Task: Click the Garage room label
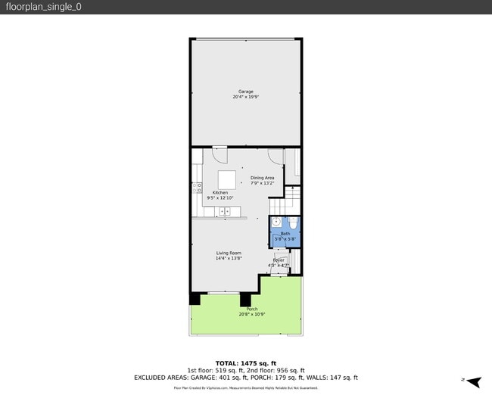tap(246, 92)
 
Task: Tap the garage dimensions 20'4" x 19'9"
tap(246, 98)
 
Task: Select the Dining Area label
tap(263, 178)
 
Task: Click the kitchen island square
tap(227, 179)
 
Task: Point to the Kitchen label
tap(220, 192)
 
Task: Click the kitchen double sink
tap(225, 210)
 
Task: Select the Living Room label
tap(228, 253)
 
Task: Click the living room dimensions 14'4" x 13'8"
tap(228, 259)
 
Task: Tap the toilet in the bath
tap(293, 223)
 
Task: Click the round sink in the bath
tap(276, 222)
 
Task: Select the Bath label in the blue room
tap(285, 234)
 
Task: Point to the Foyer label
tap(279, 260)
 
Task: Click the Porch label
tap(251, 309)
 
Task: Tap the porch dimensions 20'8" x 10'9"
tap(251, 314)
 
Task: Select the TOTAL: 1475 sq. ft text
tap(246, 363)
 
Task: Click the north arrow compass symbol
tap(474, 381)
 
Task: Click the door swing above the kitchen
tap(220, 154)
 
